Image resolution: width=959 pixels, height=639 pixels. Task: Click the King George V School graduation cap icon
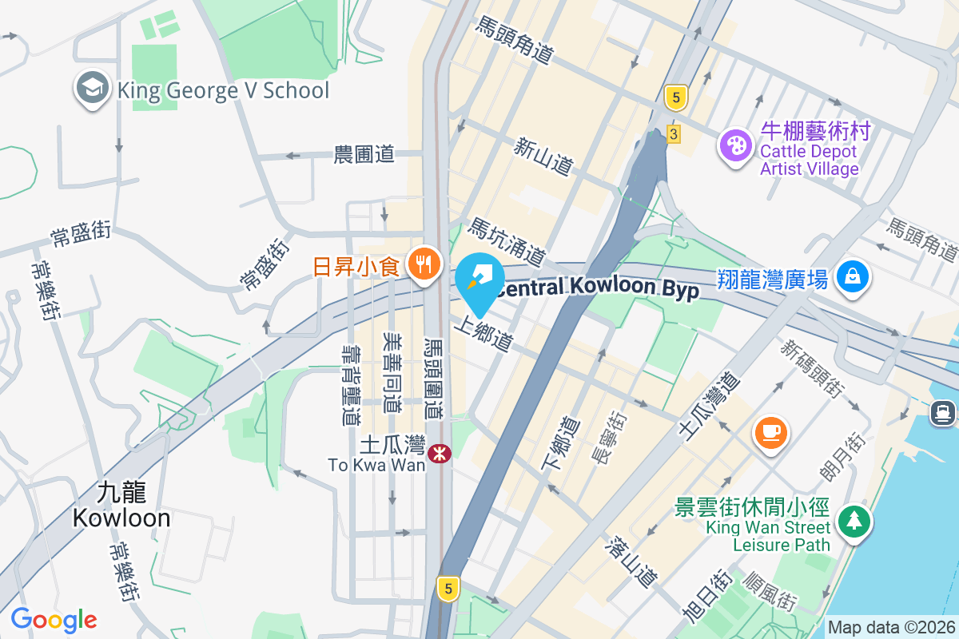(93, 89)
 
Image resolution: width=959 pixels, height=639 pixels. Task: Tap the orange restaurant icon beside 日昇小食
(423, 262)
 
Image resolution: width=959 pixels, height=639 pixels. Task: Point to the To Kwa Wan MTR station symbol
(439, 454)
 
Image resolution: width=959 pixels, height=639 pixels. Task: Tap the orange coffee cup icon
(771, 433)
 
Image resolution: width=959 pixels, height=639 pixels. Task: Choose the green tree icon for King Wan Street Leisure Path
(854, 522)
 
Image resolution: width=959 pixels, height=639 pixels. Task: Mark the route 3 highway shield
(674, 134)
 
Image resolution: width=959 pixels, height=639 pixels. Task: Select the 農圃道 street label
(364, 154)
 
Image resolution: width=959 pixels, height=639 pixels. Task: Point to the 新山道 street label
(544, 157)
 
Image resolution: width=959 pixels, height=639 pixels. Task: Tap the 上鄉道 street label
(483, 334)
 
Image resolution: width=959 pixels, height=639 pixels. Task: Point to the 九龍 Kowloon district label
(121, 505)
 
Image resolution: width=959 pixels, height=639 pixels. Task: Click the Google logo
(54, 619)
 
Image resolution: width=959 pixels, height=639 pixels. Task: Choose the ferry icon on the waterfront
(944, 412)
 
